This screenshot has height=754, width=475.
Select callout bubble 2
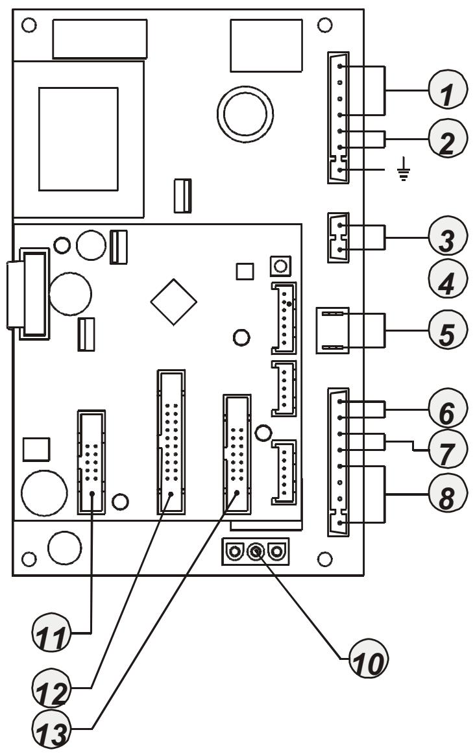pos(446,139)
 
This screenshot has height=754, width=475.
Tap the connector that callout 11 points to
pos(92,462)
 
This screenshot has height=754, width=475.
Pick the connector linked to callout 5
pos(332,330)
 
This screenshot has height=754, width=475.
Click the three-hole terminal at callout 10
pos(256,552)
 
